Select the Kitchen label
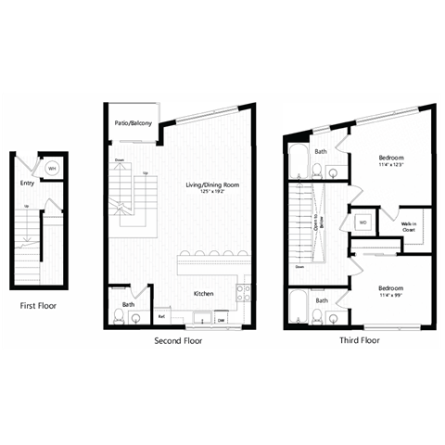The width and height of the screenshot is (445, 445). [x=205, y=294]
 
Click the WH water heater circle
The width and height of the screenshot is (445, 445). [x=52, y=169]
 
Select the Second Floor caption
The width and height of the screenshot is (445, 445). [x=177, y=340]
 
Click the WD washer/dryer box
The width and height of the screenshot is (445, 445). [x=362, y=222]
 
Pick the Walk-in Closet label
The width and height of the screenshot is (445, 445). [x=407, y=226]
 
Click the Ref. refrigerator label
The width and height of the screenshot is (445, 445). [x=161, y=317]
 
